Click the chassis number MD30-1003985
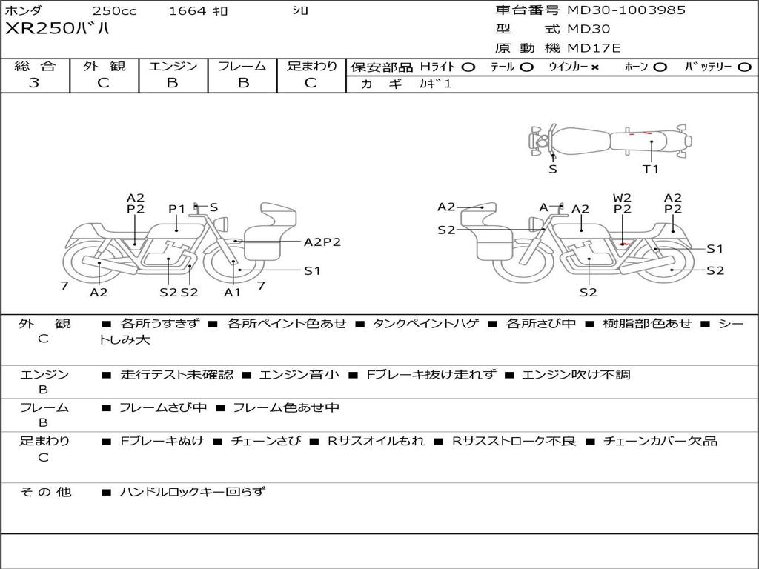pos(626,10)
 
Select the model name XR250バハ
pos(58,30)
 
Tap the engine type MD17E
pos(594,49)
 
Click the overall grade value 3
pos(34,83)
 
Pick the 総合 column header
pos(35,66)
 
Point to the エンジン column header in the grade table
pos(173,66)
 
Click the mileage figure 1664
pos(188,11)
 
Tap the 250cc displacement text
pos(114,11)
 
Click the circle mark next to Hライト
pos(468,67)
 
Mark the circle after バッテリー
pos(744,67)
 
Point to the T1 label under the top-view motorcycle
pos(650,169)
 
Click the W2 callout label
pos(622,198)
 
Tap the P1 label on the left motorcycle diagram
pos(176,209)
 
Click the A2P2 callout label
pos(322,242)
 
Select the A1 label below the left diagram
pos(233,292)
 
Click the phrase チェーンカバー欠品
pos(660,441)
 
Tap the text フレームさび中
pos(161,407)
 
